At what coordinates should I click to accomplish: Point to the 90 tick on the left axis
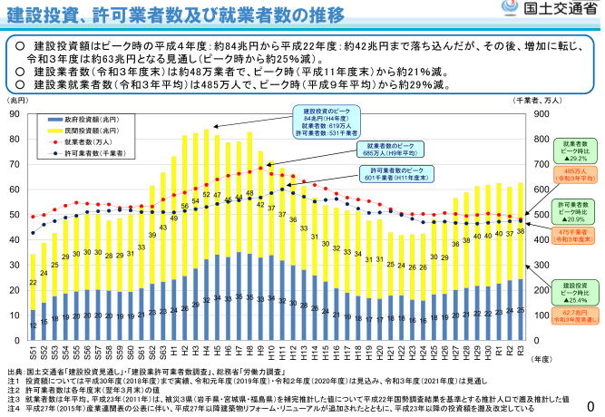(x=15, y=114)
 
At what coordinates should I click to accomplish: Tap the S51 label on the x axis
(x=33, y=350)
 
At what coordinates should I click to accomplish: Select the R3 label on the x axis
(x=521, y=350)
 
